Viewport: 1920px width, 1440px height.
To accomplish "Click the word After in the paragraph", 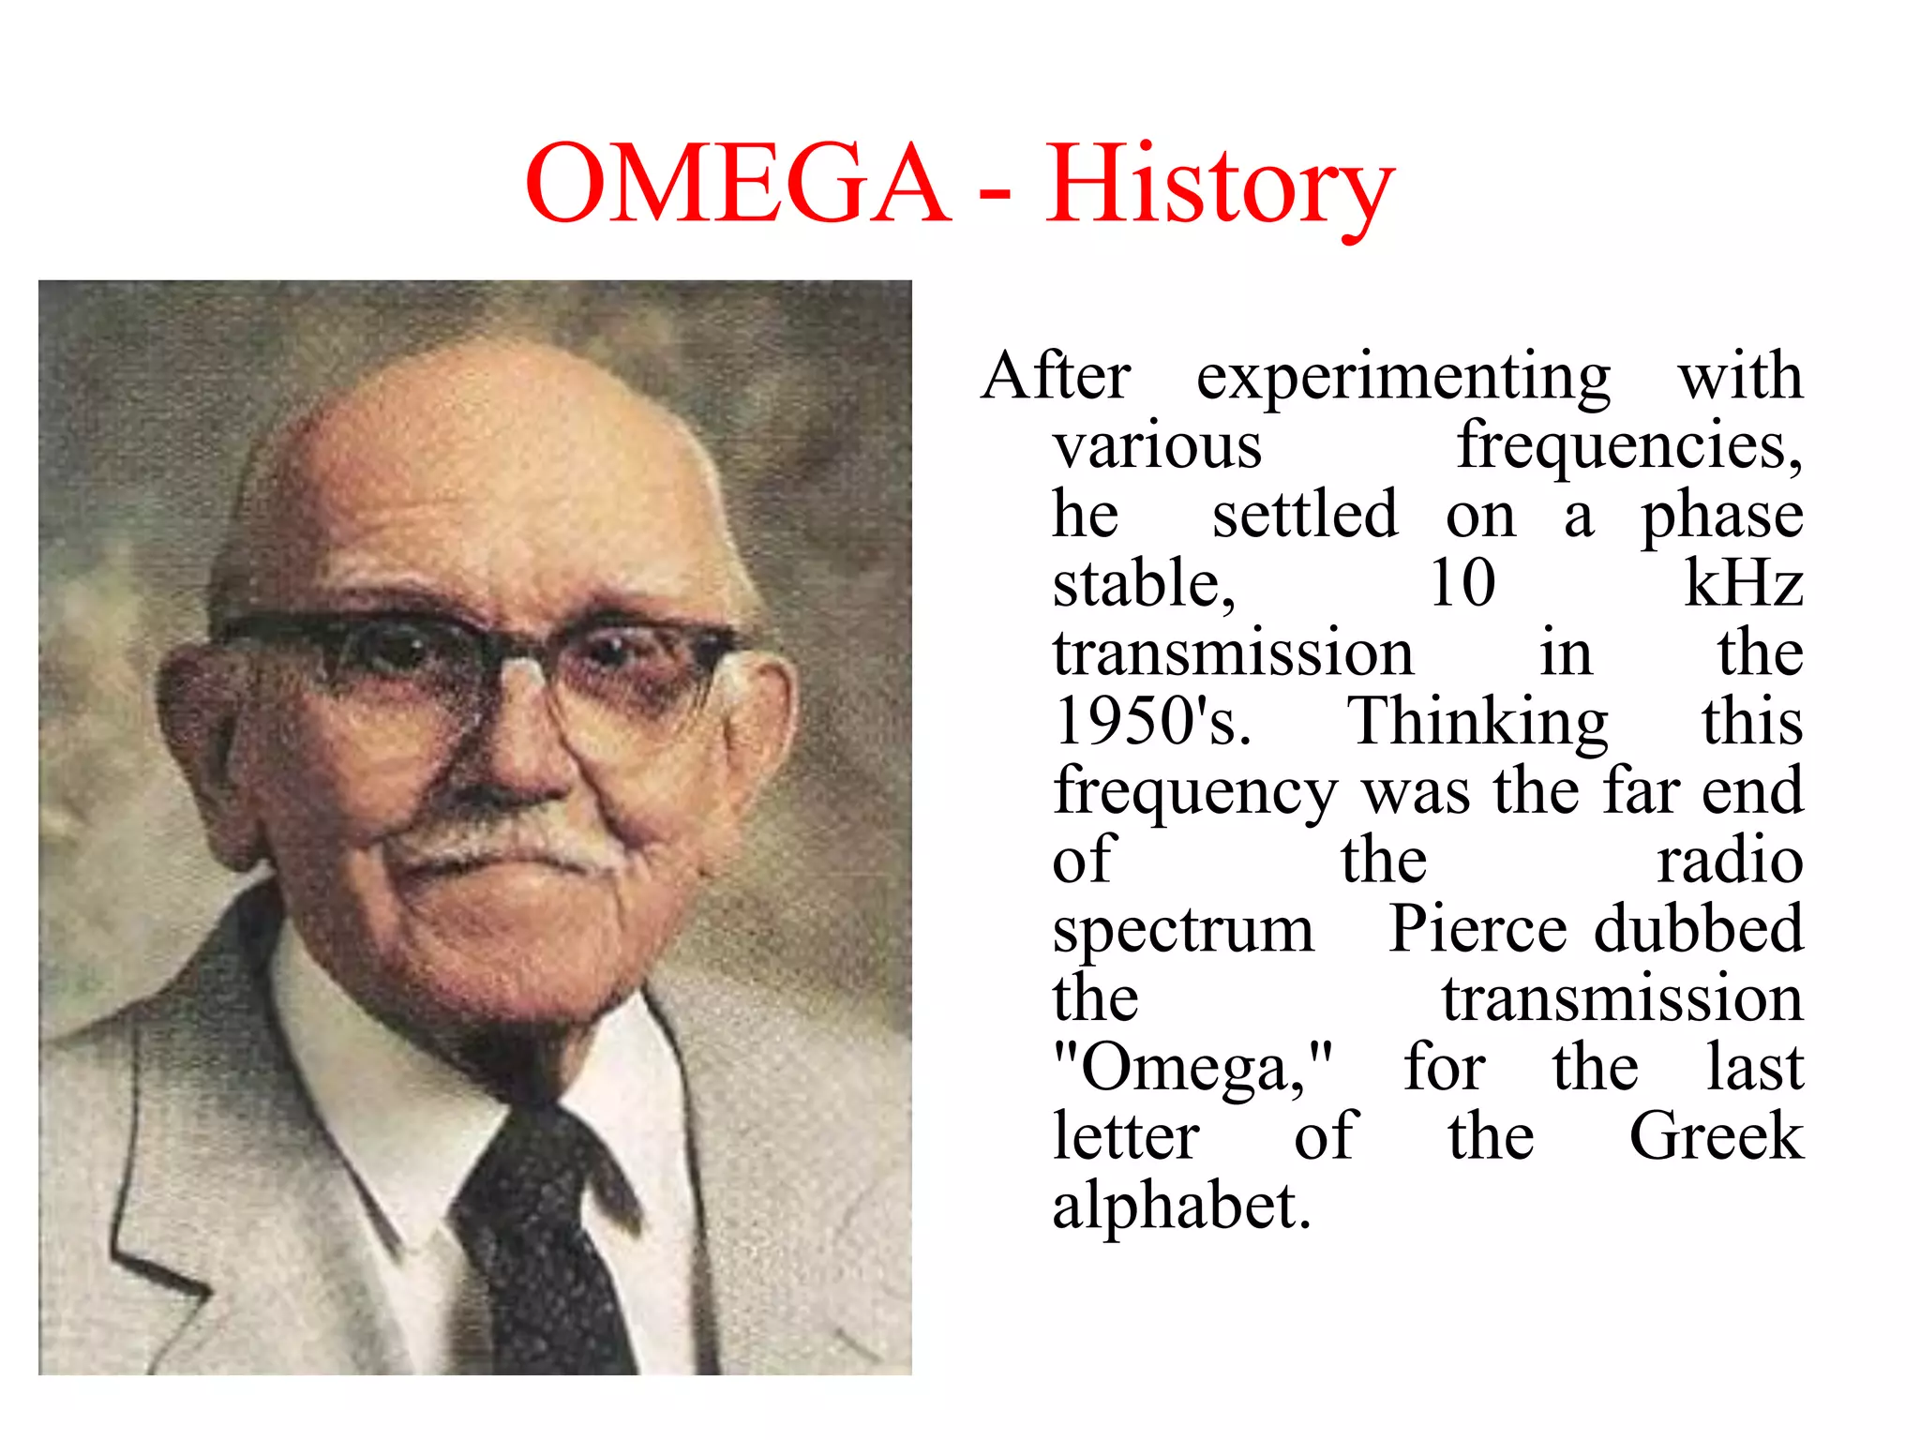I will tap(1056, 377).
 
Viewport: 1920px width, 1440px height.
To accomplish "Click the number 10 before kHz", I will tap(1462, 583).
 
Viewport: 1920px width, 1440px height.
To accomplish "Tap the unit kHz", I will tap(1744, 583).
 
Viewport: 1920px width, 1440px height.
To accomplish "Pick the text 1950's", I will tap(1152, 722).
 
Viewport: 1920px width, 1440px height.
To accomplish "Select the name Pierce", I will tap(1477, 928).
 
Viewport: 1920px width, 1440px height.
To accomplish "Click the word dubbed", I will tap(1699, 928).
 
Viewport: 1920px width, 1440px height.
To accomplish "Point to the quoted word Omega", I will tap(1192, 1069).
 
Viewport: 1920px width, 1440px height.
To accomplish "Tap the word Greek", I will tap(1716, 1136).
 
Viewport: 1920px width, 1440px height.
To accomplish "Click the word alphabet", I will tap(1180, 1206).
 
